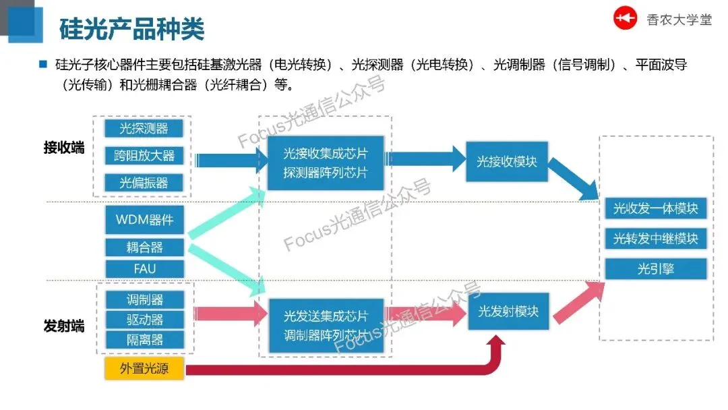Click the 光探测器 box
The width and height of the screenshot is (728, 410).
(x=144, y=128)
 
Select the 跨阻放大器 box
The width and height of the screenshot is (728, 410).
(x=144, y=155)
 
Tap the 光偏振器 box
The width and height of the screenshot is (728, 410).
(x=144, y=183)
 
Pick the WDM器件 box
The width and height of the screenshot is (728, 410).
(x=144, y=220)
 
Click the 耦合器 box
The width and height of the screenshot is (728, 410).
(x=144, y=247)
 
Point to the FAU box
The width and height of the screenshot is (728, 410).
(x=144, y=268)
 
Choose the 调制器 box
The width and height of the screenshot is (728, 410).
(x=144, y=299)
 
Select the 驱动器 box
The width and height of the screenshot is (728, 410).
(x=144, y=319)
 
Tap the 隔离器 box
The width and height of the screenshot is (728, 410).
(x=144, y=339)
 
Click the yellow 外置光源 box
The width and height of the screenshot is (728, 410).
(x=144, y=369)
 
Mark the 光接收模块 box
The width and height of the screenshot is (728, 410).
(x=508, y=162)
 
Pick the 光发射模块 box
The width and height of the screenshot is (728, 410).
(x=508, y=312)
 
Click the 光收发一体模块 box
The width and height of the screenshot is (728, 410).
(x=655, y=208)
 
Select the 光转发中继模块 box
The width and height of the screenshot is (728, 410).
(x=655, y=239)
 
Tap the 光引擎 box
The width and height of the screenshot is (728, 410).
(x=655, y=269)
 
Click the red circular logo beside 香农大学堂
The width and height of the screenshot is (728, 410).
(x=625, y=18)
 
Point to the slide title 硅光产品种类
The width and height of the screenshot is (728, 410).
(x=131, y=28)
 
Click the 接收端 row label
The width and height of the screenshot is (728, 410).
(x=64, y=148)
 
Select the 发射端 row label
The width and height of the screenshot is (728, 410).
(x=64, y=326)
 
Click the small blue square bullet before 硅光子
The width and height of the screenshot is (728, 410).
(x=43, y=65)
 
